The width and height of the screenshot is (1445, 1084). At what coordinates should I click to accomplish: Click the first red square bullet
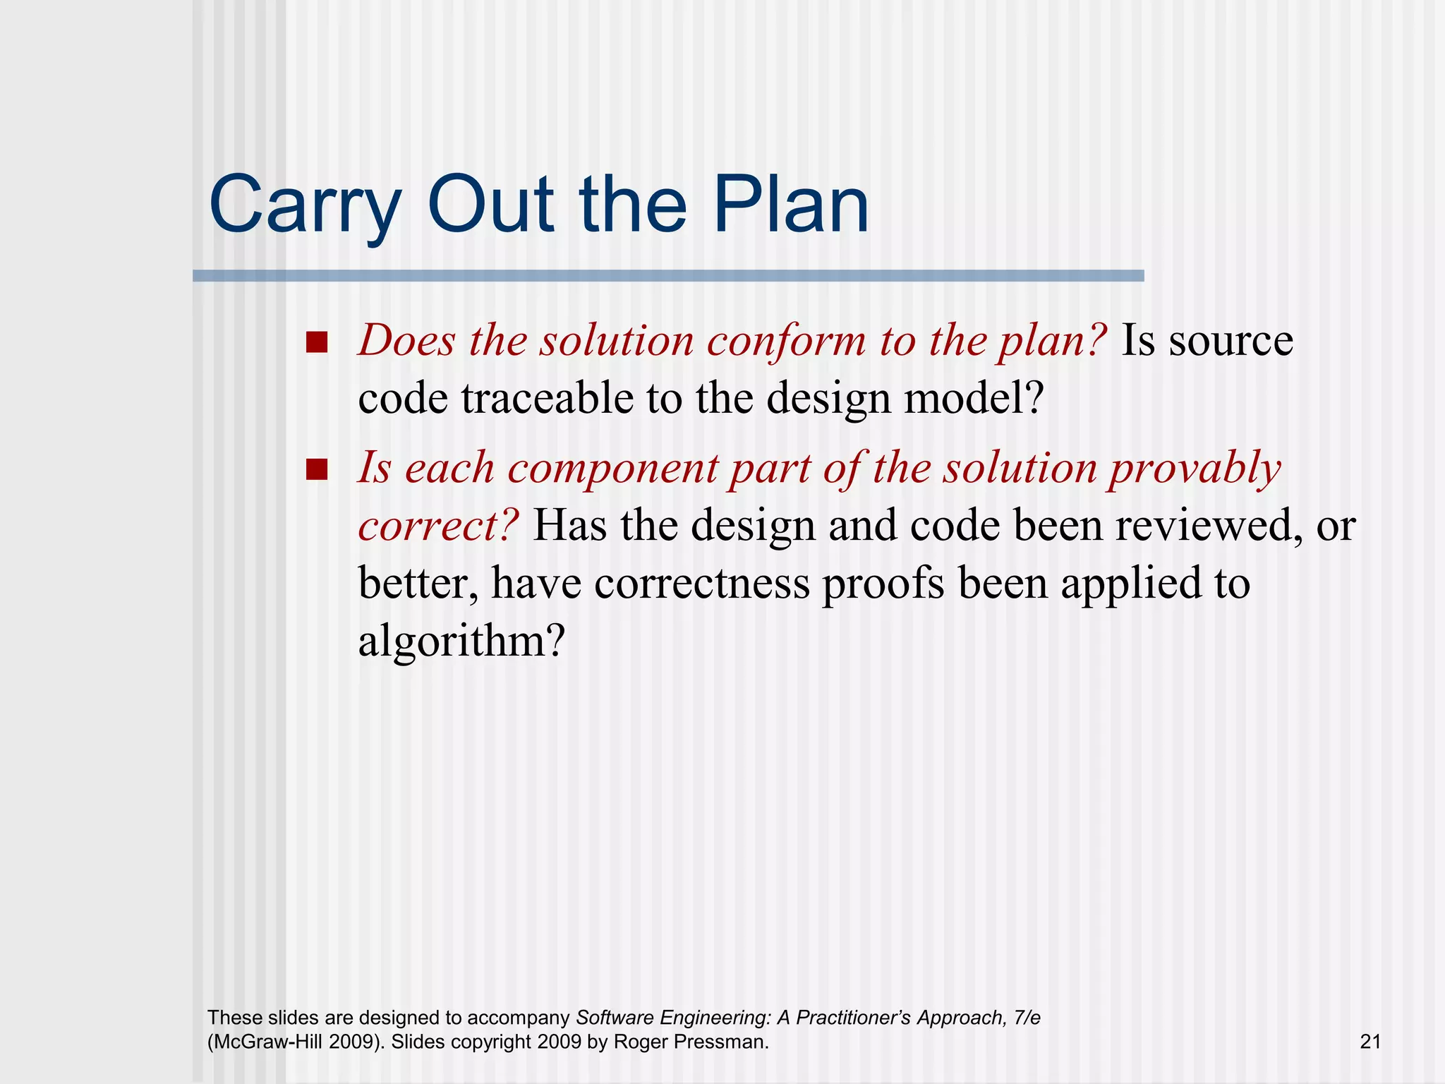[x=317, y=342]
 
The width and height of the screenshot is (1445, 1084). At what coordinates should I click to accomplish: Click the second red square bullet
[x=317, y=469]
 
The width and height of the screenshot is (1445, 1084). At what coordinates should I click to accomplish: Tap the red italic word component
[x=612, y=469]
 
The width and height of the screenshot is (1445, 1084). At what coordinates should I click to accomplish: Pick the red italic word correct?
[x=438, y=526]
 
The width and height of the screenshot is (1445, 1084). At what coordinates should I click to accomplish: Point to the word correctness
[x=701, y=584]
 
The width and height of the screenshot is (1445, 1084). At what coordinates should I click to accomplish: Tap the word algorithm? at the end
[x=461, y=642]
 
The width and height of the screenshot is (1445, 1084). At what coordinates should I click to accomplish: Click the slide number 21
[x=1370, y=1042]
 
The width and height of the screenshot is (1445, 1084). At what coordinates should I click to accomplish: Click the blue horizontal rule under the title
[x=667, y=276]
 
